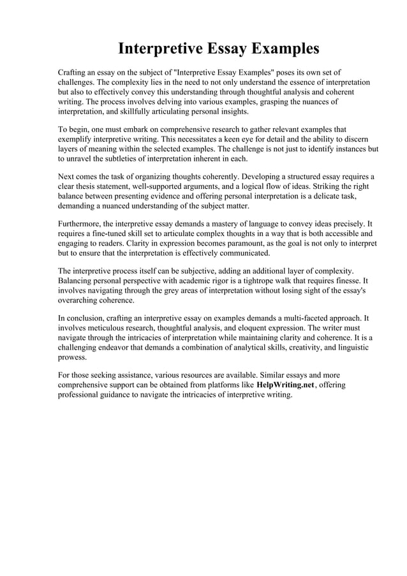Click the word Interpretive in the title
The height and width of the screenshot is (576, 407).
point(161,48)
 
